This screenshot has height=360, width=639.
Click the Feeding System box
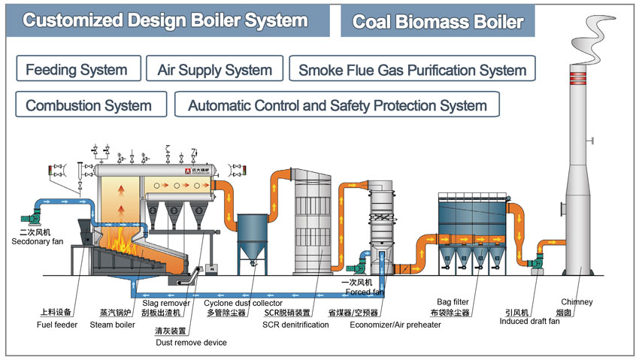(77, 69)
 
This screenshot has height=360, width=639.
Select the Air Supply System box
(214, 69)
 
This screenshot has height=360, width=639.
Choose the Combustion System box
(89, 105)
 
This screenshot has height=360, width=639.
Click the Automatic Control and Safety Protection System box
(337, 105)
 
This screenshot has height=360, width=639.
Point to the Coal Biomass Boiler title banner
(438, 21)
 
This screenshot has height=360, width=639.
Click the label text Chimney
(577, 302)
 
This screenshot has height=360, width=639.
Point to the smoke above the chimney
(587, 30)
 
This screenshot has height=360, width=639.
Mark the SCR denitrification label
(295, 325)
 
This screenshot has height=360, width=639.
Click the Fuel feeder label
(57, 325)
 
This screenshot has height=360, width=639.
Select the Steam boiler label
(112, 325)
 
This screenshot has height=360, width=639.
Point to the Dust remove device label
(191, 343)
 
